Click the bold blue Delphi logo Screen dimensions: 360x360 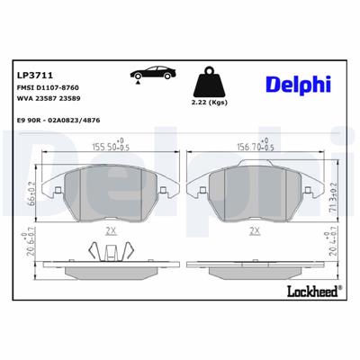tap(297, 83)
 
